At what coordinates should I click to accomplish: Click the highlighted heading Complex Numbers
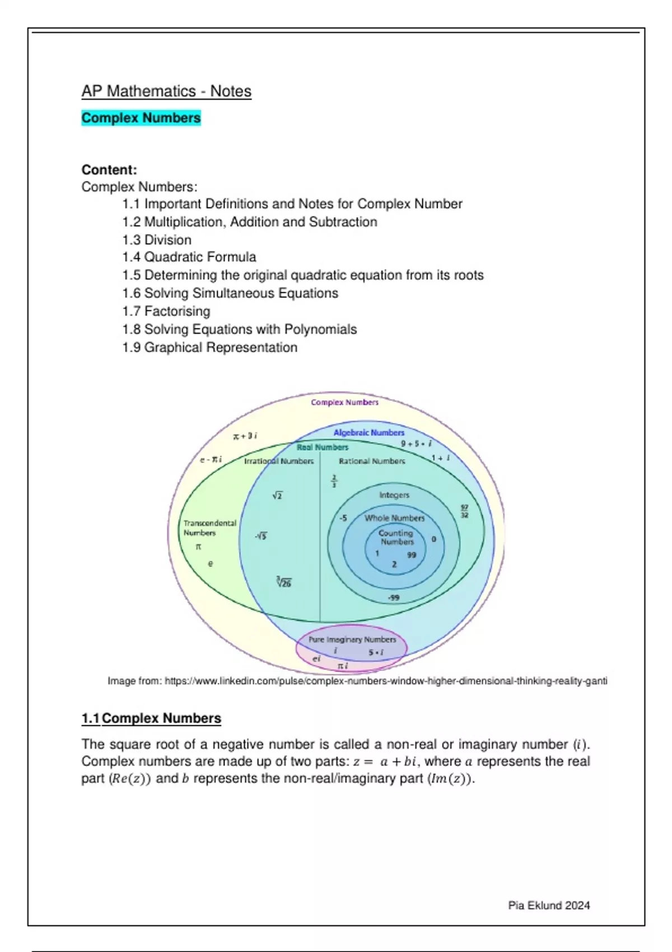[x=141, y=118]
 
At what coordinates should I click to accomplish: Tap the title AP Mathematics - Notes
[x=166, y=91]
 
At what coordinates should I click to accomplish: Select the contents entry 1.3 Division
[x=157, y=240]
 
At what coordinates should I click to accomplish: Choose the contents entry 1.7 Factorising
[x=166, y=311]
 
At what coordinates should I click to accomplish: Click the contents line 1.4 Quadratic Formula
[x=189, y=257]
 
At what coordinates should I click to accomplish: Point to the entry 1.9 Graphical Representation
[x=210, y=347]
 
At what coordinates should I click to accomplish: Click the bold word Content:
[x=109, y=170]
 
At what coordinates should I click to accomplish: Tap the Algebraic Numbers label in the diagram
[x=368, y=432]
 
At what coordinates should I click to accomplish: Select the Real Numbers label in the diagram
[x=323, y=447]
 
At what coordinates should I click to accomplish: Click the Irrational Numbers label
[x=279, y=461]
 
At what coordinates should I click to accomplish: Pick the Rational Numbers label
[x=372, y=461]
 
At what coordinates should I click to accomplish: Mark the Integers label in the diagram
[x=394, y=495]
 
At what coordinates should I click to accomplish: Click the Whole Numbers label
[x=394, y=518]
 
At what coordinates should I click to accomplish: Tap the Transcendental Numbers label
[x=209, y=528]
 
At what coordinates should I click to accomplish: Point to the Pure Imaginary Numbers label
[x=352, y=639]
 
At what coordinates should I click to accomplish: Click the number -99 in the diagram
[x=394, y=598]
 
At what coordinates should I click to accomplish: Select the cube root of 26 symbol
[x=284, y=582]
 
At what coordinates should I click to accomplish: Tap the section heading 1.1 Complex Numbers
[x=151, y=718]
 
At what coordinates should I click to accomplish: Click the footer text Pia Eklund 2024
[x=549, y=906]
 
